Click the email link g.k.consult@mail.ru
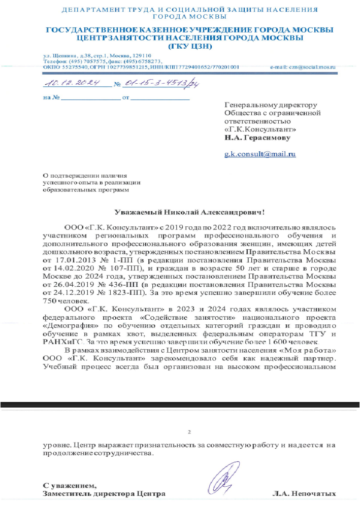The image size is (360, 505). click(260, 153)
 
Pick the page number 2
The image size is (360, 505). click(189, 432)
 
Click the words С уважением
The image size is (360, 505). click(70, 485)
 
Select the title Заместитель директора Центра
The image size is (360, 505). click(104, 493)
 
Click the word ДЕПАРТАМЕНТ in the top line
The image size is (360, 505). click(89, 10)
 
